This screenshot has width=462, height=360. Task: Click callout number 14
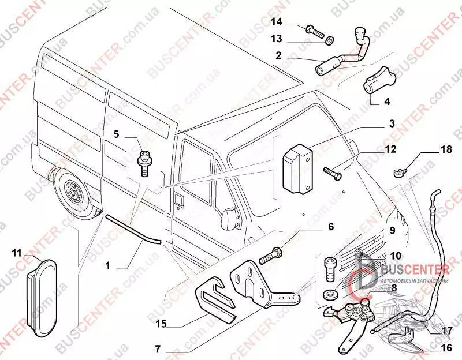277,22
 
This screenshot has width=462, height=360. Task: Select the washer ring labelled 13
330,42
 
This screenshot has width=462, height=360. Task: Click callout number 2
278,56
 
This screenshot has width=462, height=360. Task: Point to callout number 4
387,102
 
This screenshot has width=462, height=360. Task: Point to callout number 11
16,253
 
